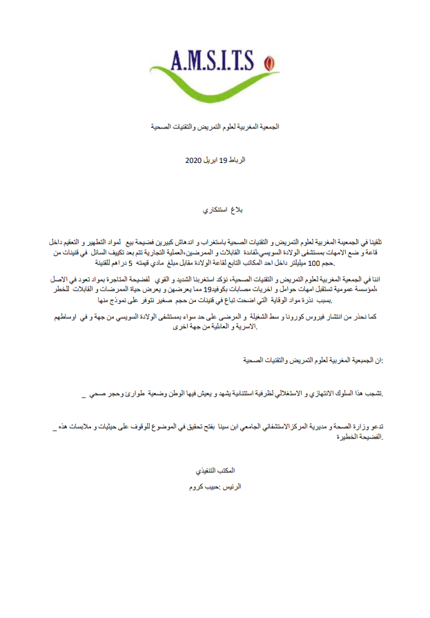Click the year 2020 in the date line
pos(194,160)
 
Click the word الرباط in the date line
pos(237,160)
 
